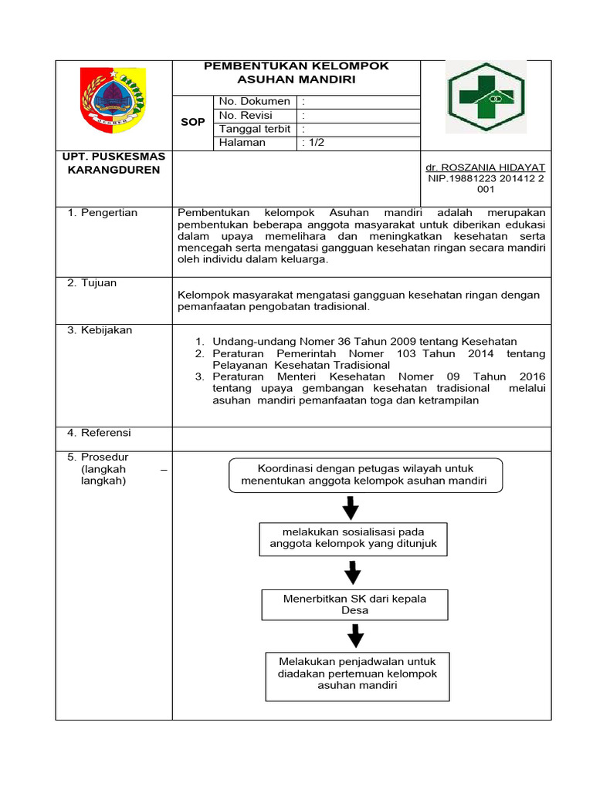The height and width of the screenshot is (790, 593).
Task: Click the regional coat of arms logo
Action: click(x=113, y=100)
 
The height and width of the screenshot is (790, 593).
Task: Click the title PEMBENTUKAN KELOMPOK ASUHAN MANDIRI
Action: click(x=296, y=73)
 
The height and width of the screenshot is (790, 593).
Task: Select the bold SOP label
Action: click(x=192, y=122)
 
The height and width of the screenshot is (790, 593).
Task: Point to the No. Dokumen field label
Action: click(x=254, y=101)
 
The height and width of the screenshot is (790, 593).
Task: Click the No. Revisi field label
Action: click(x=246, y=115)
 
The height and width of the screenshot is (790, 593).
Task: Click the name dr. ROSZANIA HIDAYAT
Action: click(x=485, y=167)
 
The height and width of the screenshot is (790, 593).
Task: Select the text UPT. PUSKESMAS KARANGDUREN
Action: click(x=114, y=163)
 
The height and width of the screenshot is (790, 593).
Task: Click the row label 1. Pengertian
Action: click(x=101, y=213)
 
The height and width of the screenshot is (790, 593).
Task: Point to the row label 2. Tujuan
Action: click(x=92, y=283)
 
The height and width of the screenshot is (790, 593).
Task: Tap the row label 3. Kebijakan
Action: click(x=99, y=330)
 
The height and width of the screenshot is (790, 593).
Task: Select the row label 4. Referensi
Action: click(x=99, y=432)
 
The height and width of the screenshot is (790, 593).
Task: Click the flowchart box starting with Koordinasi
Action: click(x=366, y=474)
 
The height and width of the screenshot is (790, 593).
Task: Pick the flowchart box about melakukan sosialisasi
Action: click(x=353, y=538)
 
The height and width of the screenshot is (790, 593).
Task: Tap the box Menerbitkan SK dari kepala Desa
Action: click(x=354, y=604)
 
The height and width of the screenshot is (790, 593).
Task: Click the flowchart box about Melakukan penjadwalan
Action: click(x=357, y=674)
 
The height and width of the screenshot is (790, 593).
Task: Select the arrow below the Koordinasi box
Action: click(x=351, y=508)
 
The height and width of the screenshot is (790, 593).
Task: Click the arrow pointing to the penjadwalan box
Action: click(x=355, y=636)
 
